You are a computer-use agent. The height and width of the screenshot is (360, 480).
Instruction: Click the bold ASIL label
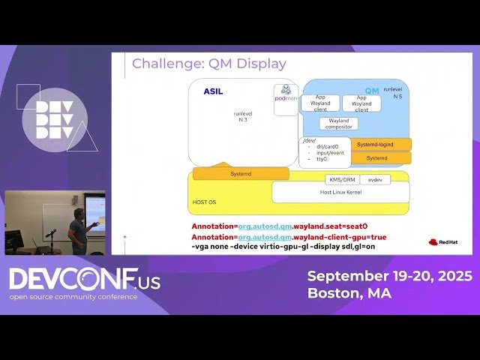[213, 91]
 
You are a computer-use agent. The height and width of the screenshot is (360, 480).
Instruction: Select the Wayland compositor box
[338, 124]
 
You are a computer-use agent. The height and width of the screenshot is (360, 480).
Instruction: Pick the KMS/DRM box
[341, 180]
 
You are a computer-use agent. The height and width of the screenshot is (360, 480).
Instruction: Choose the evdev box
[375, 180]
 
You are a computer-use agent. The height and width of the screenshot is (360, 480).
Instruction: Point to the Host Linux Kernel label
[340, 193]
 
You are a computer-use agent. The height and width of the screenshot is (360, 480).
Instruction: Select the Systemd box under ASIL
[240, 174]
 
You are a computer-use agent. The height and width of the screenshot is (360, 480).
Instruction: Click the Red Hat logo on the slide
[442, 241]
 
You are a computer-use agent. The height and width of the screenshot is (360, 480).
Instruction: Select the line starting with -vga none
[283, 246]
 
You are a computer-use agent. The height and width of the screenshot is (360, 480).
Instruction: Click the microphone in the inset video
[51, 233]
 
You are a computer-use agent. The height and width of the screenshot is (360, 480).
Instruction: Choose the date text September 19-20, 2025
[389, 276]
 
